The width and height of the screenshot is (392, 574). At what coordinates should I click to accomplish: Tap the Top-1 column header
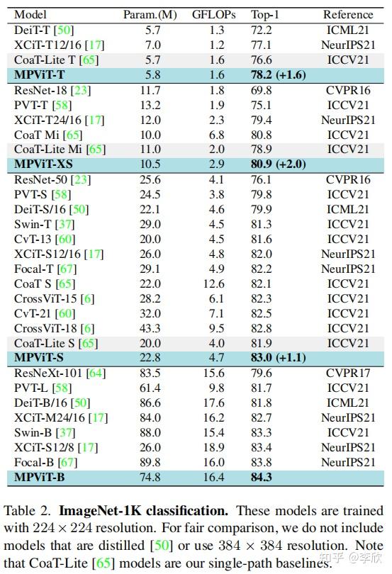click(x=265, y=14)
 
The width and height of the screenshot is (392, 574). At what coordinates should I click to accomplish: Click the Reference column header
click(x=347, y=14)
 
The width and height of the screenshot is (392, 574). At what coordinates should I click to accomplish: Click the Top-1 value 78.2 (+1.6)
click(x=279, y=74)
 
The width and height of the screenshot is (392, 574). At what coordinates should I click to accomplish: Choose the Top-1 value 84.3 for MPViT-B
click(x=262, y=477)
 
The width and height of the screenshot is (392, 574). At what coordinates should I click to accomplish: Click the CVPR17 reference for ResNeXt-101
click(x=347, y=373)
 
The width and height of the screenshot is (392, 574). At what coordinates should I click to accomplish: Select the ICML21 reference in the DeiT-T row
click(x=347, y=30)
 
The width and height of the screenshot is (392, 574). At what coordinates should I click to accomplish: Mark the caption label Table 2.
click(x=28, y=510)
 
